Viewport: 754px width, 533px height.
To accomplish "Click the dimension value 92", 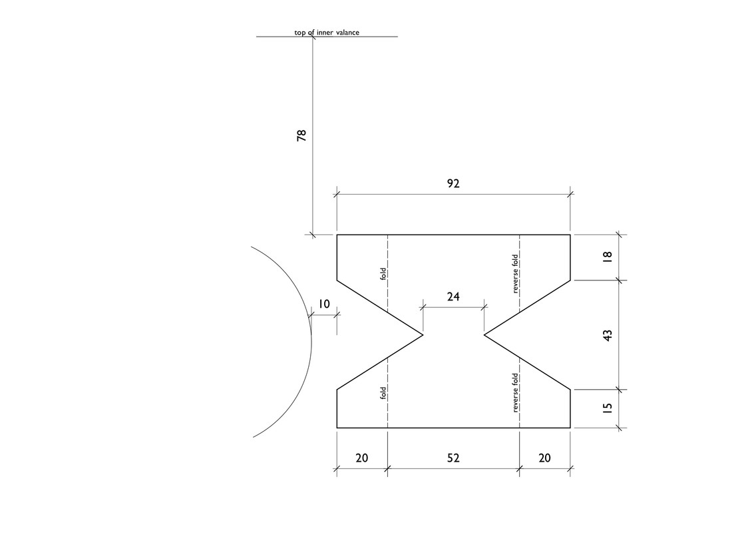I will click(x=453, y=184).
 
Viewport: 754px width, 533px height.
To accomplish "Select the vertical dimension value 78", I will click(x=301, y=135).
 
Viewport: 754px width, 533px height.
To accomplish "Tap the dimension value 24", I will click(x=453, y=297).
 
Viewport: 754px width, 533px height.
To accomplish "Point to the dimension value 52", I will click(x=453, y=458).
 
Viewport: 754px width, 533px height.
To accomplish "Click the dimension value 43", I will click(x=607, y=335).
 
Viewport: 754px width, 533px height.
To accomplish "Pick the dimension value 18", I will click(x=607, y=258).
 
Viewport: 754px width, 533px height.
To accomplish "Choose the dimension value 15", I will click(x=607, y=408).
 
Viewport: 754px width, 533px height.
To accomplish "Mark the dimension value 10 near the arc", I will click(x=323, y=304).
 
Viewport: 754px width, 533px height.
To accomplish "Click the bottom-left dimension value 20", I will click(x=361, y=458).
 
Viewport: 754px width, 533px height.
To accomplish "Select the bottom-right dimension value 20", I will click(x=544, y=458).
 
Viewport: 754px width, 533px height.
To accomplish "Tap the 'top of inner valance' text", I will click(x=327, y=32).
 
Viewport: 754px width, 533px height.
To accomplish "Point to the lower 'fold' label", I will click(x=383, y=393).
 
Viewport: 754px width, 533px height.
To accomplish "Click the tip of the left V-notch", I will click(x=423, y=334).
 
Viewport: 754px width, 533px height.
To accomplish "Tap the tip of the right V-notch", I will click(x=484, y=334).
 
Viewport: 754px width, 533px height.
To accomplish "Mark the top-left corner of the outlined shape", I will click(x=337, y=235).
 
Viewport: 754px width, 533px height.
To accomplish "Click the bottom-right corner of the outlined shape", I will click(x=570, y=427).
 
